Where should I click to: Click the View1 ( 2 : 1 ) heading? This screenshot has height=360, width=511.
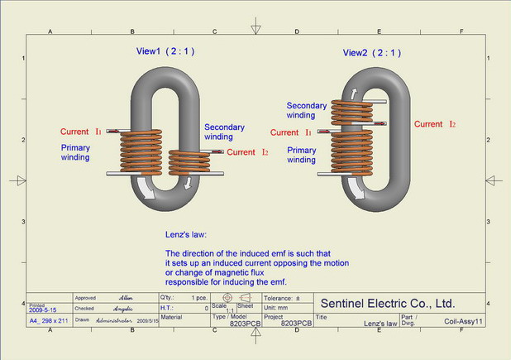(x=165, y=51)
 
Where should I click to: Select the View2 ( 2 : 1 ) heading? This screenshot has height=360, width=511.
(x=372, y=53)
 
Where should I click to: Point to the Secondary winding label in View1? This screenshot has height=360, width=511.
(x=224, y=132)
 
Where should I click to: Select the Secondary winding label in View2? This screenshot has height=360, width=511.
(x=307, y=111)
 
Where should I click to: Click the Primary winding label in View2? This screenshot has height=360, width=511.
(x=302, y=155)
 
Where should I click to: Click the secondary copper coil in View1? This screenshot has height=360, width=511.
(x=191, y=161)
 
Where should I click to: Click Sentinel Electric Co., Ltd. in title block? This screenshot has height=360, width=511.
(x=387, y=302)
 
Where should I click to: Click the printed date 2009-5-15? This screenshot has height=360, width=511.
(x=45, y=309)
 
